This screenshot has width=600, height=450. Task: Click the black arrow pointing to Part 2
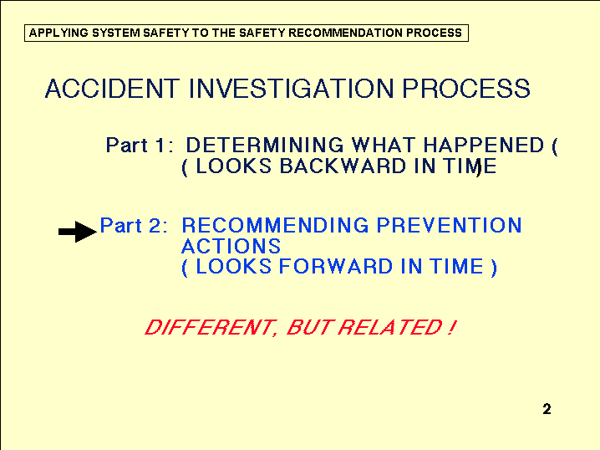(x=77, y=232)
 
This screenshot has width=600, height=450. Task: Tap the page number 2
(x=547, y=409)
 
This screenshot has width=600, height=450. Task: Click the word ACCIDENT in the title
(x=112, y=89)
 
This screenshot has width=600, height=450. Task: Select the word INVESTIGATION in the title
(x=291, y=89)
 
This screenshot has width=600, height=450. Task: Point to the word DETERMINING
(x=265, y=146)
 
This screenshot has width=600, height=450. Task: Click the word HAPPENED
(x=483, y=146)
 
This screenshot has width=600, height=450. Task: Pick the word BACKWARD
(x=343, y=166)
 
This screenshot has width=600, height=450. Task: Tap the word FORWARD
(x=336, y=266)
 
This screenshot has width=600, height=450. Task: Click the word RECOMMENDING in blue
(x=275, y=225)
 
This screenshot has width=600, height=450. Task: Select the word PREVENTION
(x=450, y=225)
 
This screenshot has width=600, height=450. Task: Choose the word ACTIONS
(x=231, y=246)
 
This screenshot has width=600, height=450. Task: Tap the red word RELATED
(x=391, y=327)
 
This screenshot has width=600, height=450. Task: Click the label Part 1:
(x=140, y=146)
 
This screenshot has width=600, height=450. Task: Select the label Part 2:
(x=134, y=225)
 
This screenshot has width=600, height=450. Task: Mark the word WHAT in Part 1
(x=384, y=146)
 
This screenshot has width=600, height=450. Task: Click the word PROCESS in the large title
(x=466, y=89)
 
